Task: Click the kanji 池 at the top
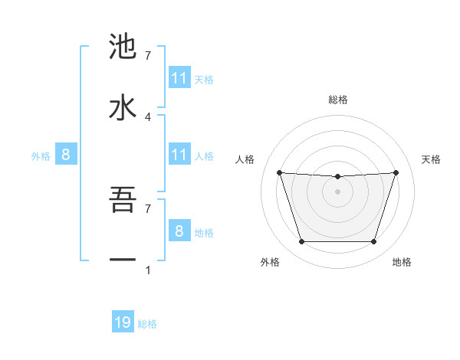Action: [123, 47]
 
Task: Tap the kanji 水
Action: [123, 106]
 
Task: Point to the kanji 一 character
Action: [123, 259]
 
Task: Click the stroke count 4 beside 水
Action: [148, 116]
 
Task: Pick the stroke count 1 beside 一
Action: [148, 270]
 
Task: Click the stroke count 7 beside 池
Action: [148, 56]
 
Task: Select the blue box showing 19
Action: [123, 322]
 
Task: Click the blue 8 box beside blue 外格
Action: [66, 155]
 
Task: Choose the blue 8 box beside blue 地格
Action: [179, 231]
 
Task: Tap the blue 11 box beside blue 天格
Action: [179, 78]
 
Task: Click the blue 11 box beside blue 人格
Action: [179, 155]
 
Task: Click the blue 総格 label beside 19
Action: [147, 324]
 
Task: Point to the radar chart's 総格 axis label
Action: [337, 100]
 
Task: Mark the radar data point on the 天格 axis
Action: [396, 172]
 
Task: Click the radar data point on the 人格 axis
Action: [279, 172]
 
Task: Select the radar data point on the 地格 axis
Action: [373, 241]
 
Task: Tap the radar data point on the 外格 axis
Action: [301, 241]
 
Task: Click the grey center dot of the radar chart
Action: [337, 191]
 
